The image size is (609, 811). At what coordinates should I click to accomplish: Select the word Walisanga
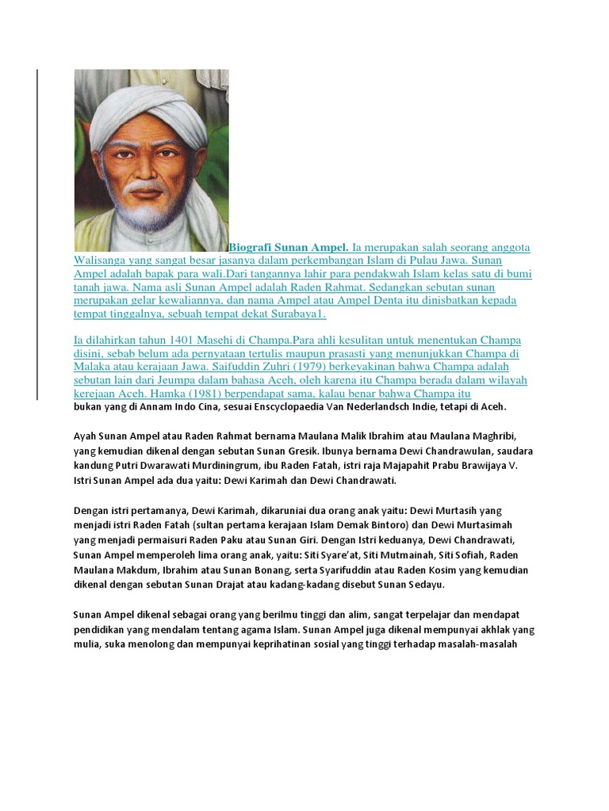coord(101,261)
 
